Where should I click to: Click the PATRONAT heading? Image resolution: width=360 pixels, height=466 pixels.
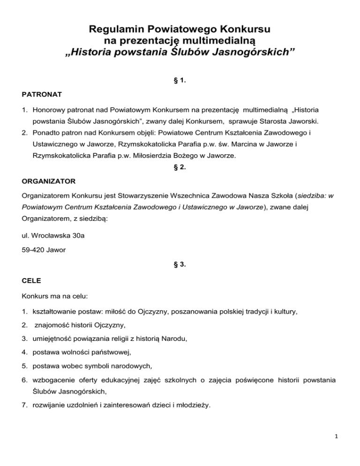click(x=41, y=95)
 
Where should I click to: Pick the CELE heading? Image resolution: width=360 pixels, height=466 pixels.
click(x=31, y=280)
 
